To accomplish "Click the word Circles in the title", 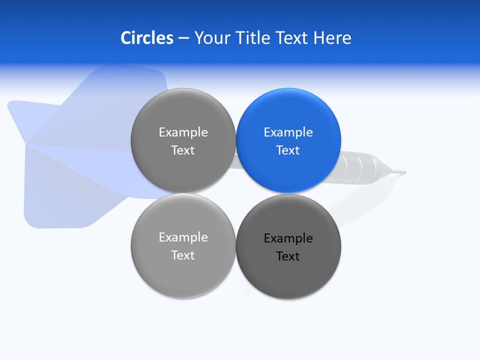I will [x=146, y=37].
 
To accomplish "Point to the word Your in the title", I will [x=212, y=37].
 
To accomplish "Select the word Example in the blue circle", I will [x=288, y=132].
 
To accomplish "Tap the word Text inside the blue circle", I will [x=288, y=150].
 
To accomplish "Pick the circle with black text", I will [x=288, y=270].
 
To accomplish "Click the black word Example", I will [x=288, y=238].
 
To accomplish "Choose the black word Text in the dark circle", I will [x=288, y=256].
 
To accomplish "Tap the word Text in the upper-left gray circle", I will [x=183, y=150].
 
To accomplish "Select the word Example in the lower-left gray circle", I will [x=183, y=237].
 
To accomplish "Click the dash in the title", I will [x=183, y=38].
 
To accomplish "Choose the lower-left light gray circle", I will [x=183, y=270].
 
